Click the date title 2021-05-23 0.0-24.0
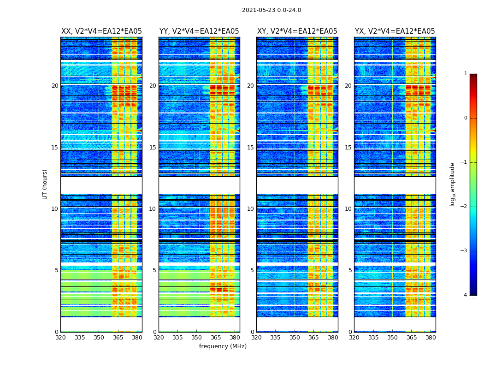point(272,10)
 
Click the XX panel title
point(101,31)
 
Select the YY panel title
point(199,31)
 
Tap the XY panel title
point(297,31)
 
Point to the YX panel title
point(395,31)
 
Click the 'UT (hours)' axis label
point(45,184)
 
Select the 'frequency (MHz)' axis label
point(223,346)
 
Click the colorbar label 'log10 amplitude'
point(453,184)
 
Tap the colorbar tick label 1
point(466,74)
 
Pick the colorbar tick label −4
point(464,295)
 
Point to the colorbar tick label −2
point(464,207)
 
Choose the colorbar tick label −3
point(464,251)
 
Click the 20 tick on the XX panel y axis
point(55,86)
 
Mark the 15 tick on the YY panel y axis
point(153,148)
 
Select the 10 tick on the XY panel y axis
point(250,209)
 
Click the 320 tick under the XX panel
point(60,338)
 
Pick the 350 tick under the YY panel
point(197,338)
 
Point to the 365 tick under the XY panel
point(314,338)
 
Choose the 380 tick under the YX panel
point(431,338)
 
